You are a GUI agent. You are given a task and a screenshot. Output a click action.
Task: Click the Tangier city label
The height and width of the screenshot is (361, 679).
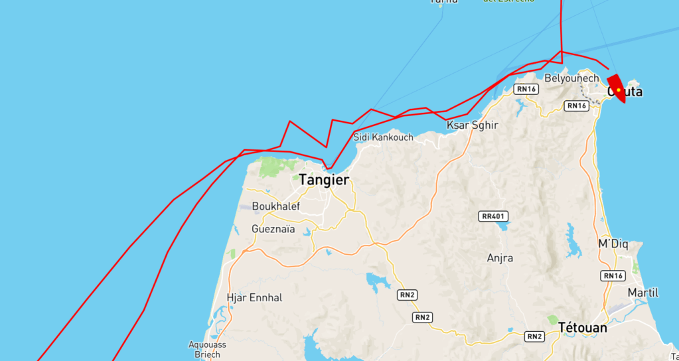323,180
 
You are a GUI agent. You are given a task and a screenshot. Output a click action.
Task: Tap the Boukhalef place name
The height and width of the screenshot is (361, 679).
275,206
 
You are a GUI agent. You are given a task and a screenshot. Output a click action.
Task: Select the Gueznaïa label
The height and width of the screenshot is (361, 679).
273,229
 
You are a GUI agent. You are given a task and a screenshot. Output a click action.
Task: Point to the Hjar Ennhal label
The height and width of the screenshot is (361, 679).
254,298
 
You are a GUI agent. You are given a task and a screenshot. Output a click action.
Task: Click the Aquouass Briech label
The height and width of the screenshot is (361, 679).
208,349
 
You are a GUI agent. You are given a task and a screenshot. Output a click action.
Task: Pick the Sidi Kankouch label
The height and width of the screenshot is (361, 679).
383,137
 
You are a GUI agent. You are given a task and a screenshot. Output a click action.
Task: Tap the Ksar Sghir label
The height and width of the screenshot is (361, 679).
472,125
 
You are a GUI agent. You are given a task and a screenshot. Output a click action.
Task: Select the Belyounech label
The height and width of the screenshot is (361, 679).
571,78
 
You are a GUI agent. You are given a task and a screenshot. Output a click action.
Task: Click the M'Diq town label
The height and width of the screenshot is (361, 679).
613,244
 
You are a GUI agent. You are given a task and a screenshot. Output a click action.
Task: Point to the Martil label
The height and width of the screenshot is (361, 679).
643,293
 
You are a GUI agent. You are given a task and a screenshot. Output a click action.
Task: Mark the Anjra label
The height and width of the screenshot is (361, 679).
500,258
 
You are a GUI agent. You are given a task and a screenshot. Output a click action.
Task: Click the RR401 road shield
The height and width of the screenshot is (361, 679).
493,216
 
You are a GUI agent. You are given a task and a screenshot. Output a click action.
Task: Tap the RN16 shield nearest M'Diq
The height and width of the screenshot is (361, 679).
613,276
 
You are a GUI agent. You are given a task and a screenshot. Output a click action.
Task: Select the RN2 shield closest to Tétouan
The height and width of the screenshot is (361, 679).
534,336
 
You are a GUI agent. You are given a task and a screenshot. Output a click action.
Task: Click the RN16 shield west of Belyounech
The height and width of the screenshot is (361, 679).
526,89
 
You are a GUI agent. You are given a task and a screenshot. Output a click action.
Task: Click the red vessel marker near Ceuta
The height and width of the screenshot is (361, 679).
617,88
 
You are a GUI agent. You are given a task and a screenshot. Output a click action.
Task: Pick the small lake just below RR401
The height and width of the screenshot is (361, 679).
503,226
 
